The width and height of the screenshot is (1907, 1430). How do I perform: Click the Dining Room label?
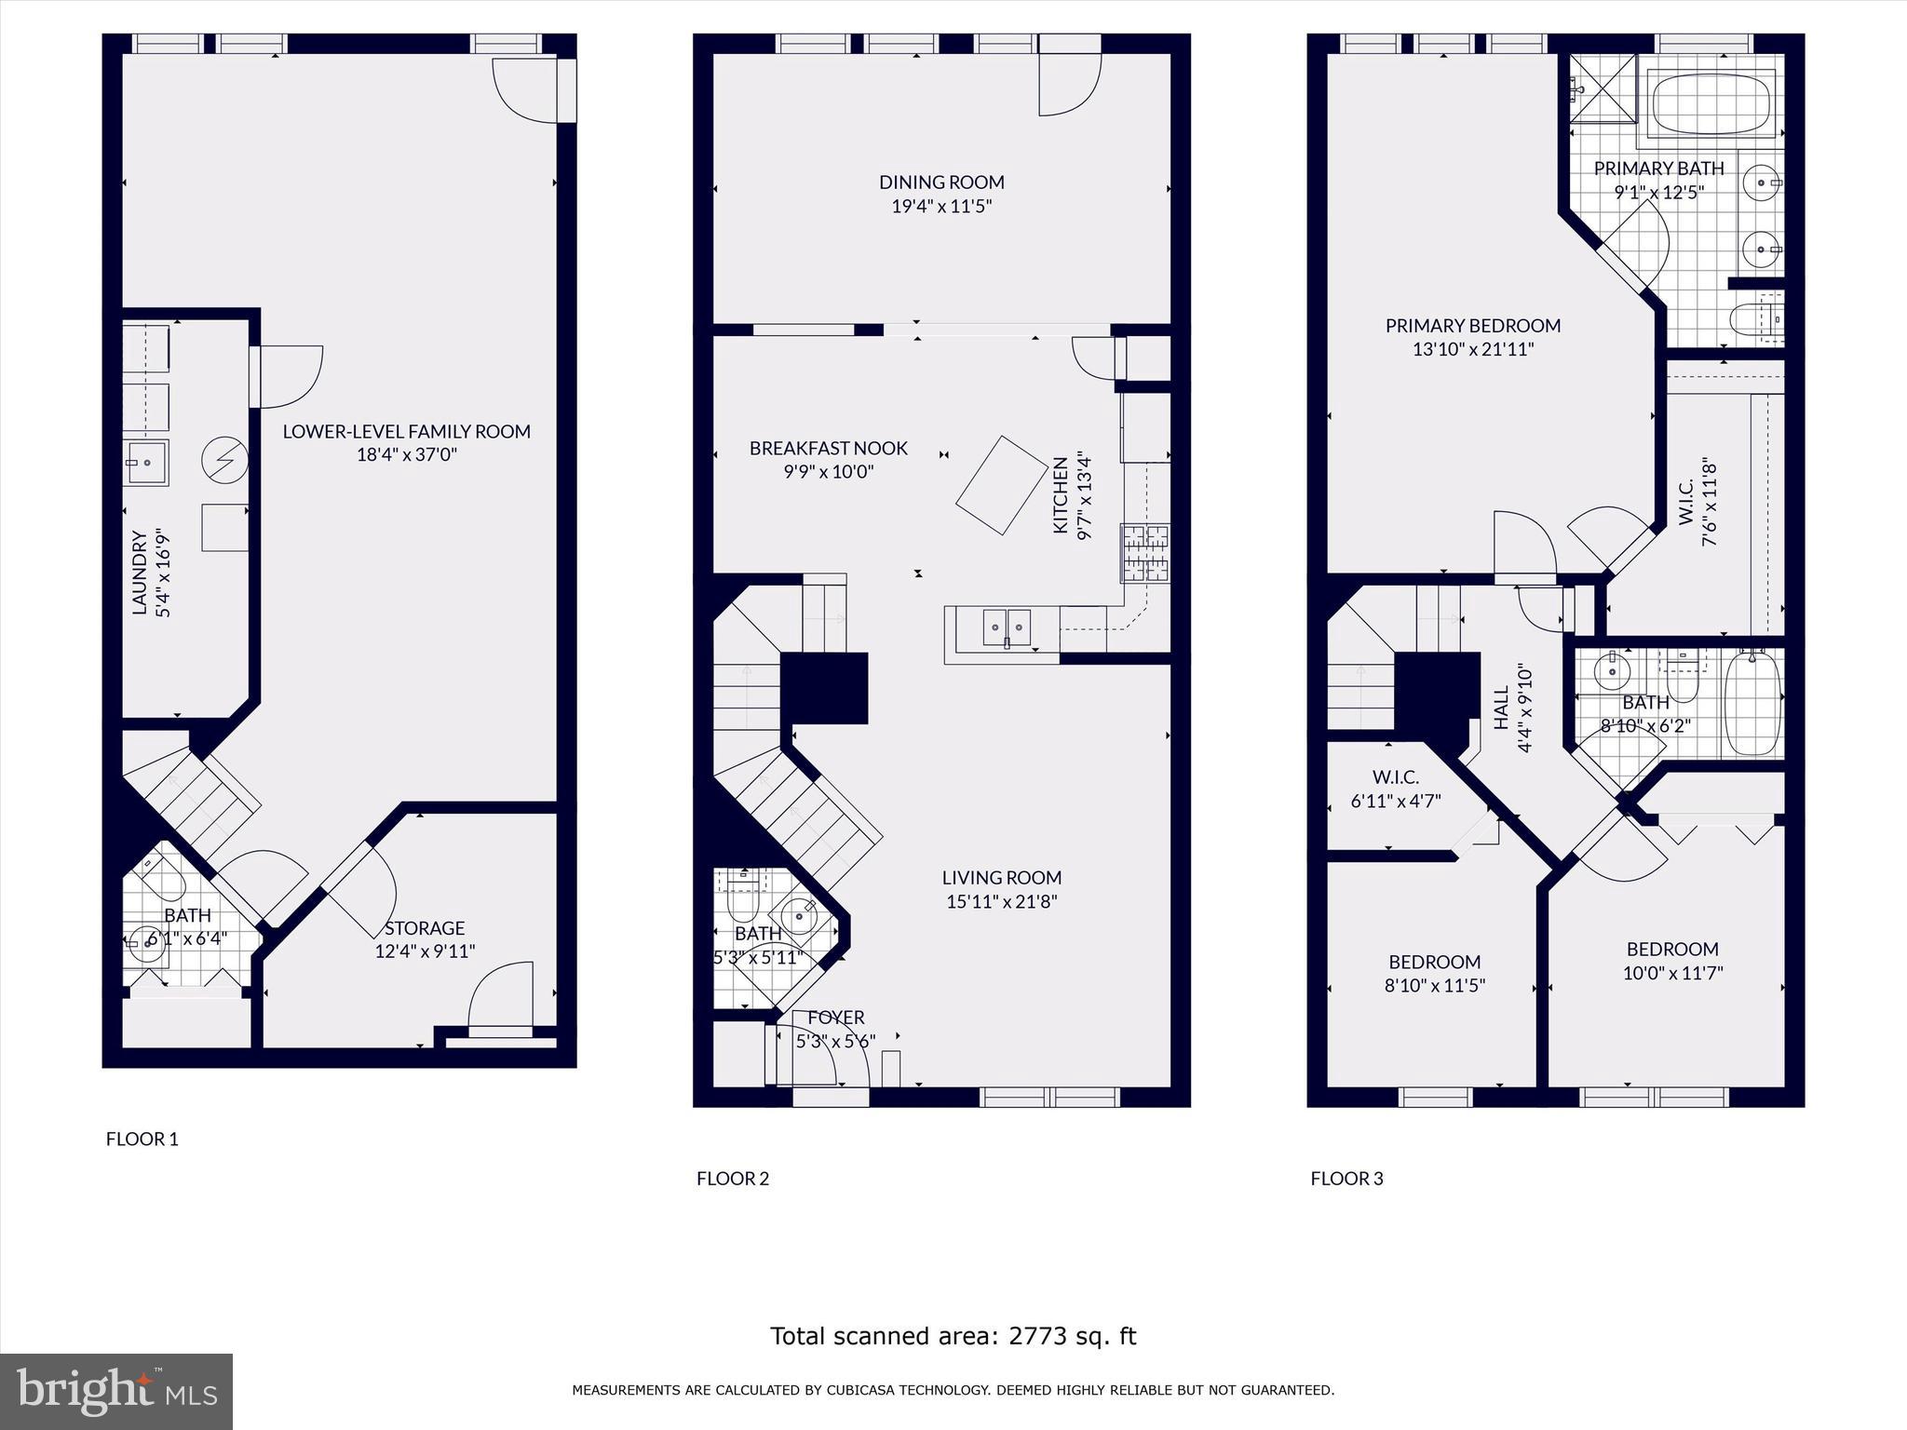[x=941, y=182]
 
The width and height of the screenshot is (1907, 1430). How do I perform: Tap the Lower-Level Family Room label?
[x=407, y=431]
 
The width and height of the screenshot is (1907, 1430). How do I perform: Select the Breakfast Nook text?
[x=829, y=448]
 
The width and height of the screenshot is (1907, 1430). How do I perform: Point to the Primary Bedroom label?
[x=1473, y=326]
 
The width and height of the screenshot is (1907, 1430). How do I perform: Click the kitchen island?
[x=1001, y=485]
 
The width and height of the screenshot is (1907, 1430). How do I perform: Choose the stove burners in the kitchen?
[x=1145, y=553]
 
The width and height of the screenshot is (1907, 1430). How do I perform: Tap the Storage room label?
[x=425, y=928]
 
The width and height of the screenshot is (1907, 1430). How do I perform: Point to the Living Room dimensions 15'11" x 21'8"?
[x=1002, y=901]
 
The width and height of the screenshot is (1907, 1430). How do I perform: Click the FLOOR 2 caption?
[x=733, y=1179]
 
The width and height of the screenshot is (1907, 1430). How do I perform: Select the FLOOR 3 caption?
[x=1347, y=1179]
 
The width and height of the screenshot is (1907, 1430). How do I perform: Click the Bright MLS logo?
[x=116, y=1391]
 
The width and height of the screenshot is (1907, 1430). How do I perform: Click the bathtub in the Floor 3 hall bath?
[x=1753, y=704]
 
